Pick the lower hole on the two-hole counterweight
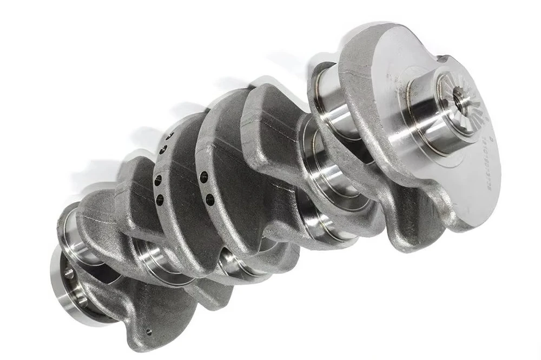(x=209, y=200)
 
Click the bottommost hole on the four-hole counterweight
(x=160, y=200)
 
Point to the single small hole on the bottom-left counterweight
(x=148, y=331)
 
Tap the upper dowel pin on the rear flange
(x=68, y=273)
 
